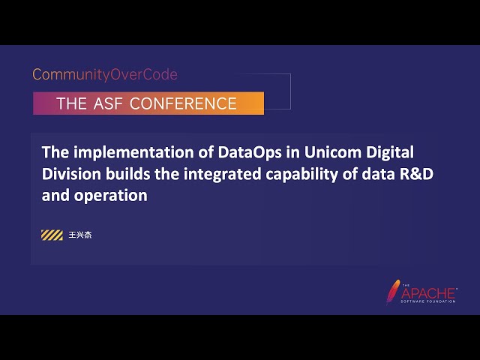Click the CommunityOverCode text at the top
pyautogui.click(x=104, y=75)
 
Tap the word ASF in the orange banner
pyautogui.click(x=109, y=103)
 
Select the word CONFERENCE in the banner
pyautogui.click(x=183, y=103)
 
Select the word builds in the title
pyautogui.click(x=125, y=174)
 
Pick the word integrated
pyautogui.click(x=216, y=174)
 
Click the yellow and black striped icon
pyautogui.click(x=52, y=235)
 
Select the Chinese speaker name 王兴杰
pyautogui.click(x=79, y=235)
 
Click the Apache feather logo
pyautogui.click(x=393, y=292)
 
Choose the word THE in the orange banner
pyautogui.click(x=72, y=103)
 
